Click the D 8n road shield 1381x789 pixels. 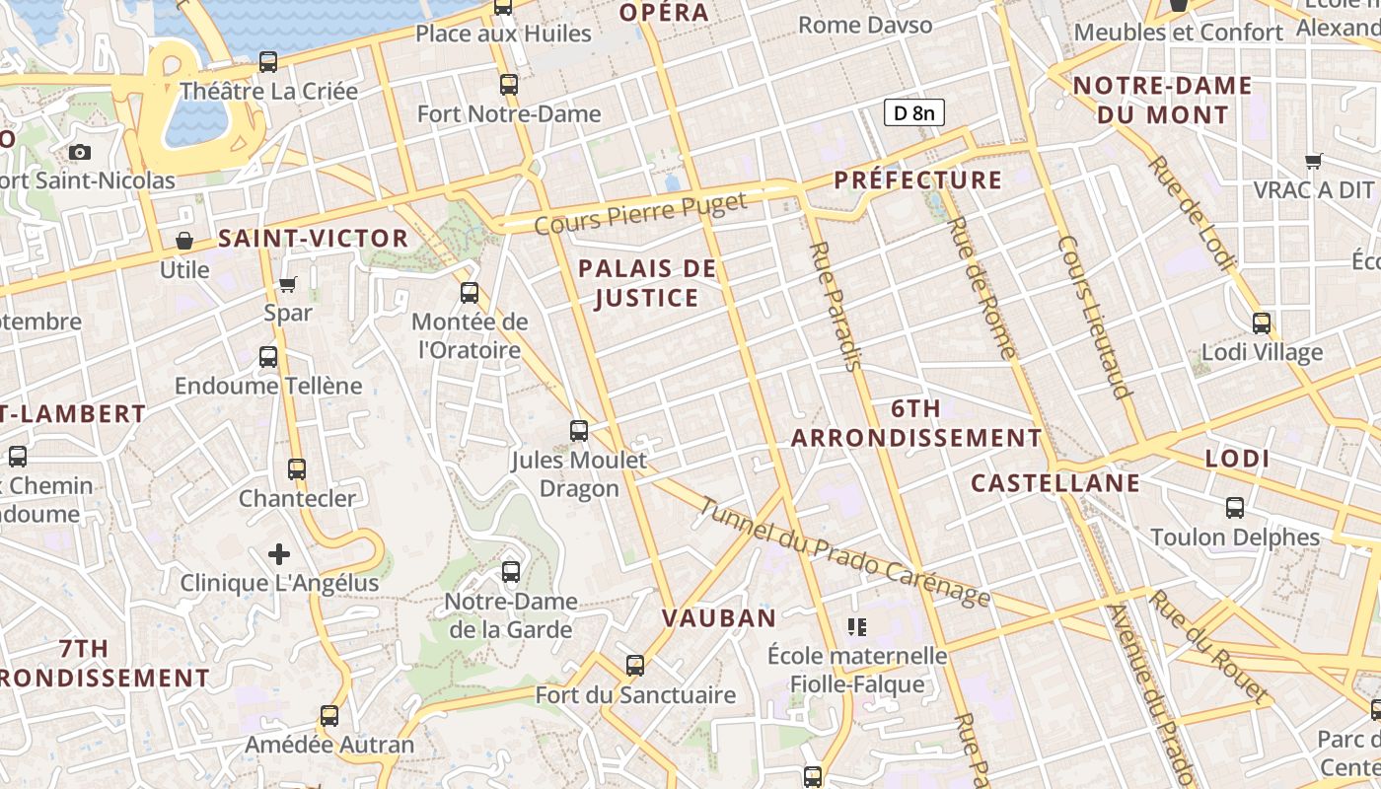point(913,113)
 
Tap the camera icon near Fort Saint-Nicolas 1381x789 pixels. point(80,152)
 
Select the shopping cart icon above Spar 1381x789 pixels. point(287,285)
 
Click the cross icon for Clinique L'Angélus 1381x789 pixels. point(279,554)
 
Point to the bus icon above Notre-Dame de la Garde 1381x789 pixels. point(510,571)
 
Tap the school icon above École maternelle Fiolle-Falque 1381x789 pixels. point(856,626)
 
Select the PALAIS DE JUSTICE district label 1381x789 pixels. point(647,283)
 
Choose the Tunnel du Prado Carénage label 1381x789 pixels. point(844,552)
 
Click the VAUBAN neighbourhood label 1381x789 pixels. point(719,618)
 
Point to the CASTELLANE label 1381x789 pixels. point(1055,483)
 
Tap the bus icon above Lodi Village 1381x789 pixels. point(1261,323)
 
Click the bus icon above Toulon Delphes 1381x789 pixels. point(1234,508)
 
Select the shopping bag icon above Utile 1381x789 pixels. point(183,241)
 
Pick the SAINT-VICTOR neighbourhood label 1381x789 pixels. point(313,238)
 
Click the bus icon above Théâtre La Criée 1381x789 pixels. point(268,62)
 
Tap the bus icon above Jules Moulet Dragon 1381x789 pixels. point(579,430)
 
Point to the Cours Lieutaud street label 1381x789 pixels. point(1093,316)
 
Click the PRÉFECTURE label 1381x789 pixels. point(917,180)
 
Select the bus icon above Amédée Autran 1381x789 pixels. point(329,715)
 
